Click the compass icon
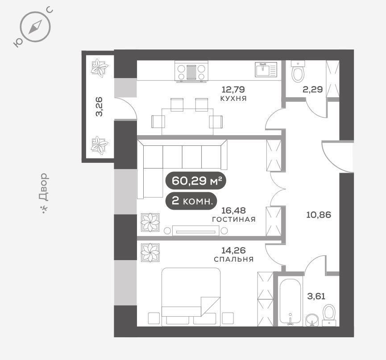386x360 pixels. pos(35,27)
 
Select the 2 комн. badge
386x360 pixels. pos(191,201)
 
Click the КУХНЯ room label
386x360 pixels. pos(233,99)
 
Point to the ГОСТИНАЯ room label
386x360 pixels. pos(234,219)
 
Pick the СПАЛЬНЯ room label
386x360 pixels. pos(234,259)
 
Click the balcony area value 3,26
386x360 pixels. pos(100,106)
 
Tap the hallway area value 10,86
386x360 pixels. pos(319,215)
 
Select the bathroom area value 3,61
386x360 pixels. pos(316,296)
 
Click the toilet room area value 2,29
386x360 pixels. pos(313,89)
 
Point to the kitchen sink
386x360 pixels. pos(266,70)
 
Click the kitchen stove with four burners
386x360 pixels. pos(191,72)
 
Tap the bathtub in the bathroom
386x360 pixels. pos(290,301)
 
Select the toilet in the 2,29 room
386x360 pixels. pos(298,72)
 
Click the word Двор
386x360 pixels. pos(44,187)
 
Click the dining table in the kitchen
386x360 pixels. pos(187,122)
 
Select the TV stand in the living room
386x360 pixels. pos(196,231)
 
